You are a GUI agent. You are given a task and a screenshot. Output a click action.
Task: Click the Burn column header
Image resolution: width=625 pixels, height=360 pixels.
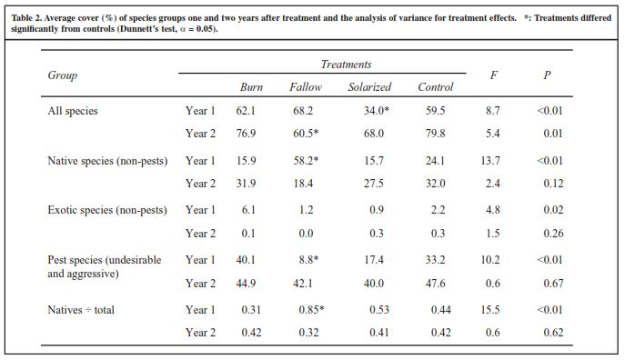pos(251,86)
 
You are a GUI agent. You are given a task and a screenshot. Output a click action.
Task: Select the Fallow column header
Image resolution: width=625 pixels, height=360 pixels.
pos(306,86)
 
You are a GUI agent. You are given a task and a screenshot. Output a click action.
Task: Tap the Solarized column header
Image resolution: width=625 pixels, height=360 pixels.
pos(369,86)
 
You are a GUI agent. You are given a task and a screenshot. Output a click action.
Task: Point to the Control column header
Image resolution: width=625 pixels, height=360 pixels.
pos(435,86)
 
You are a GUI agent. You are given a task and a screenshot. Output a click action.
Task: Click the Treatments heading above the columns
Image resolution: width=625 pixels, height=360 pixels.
pos(346,65)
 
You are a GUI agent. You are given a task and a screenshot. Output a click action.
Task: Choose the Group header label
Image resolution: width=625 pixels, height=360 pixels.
pos(63,75)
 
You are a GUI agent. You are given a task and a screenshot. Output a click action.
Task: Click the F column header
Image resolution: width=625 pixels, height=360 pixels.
pos(493,75)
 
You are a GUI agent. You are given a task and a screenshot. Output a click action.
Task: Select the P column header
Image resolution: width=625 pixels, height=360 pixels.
pos(547,75)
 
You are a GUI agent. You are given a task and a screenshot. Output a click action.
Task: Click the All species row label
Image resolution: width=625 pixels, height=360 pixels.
pos(73,111)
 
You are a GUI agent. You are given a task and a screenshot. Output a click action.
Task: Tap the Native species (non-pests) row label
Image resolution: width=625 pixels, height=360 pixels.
pos(107,161)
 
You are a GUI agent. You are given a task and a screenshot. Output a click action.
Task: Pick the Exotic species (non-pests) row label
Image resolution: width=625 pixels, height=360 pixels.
pos(107,210)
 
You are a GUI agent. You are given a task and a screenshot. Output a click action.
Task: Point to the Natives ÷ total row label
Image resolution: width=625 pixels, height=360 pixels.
pos(81,310)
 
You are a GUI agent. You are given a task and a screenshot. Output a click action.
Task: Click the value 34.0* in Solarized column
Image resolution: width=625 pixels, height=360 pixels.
pos(377,110)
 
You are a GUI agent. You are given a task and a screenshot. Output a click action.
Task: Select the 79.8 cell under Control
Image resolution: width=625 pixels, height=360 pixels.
pos(435,134)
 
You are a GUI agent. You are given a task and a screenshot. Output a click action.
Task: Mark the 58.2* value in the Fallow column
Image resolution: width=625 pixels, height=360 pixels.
pos(306,161)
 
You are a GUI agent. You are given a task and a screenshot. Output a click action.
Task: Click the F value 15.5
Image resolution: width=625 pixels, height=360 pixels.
pos(490,309)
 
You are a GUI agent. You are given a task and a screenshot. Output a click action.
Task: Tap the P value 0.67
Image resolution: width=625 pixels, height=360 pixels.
pos(554,283)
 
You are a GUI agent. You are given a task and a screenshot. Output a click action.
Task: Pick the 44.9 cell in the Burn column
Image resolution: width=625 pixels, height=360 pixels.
pos(246,283)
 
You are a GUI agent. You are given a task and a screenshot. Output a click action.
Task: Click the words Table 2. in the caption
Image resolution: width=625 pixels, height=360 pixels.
pos(26,18)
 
